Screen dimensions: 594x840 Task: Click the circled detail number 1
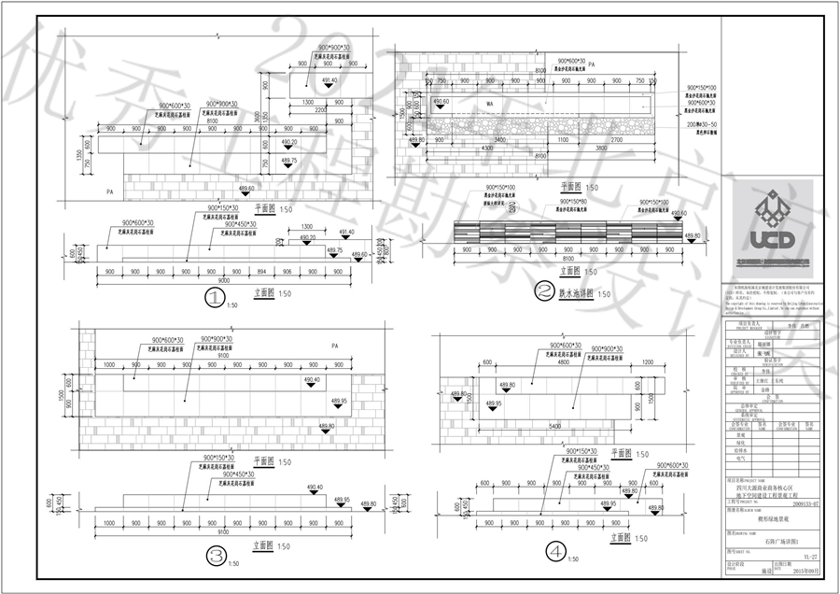point(216,299)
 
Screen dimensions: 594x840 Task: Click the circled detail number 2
point(543,291)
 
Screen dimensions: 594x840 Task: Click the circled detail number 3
point(216,557)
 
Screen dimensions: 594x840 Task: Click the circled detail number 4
point(556,552)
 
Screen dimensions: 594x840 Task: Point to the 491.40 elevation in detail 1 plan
point(329,81)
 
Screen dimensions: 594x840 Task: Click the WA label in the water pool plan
point(490,103)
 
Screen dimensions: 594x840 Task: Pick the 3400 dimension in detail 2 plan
point(501,139)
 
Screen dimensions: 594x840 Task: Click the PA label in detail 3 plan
point(333,346)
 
